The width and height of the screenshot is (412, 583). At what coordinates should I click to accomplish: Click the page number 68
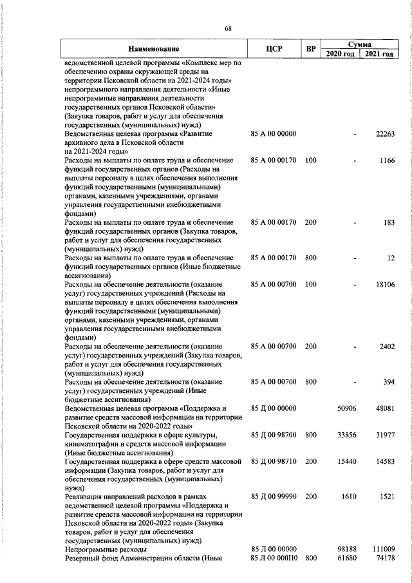[227, 28]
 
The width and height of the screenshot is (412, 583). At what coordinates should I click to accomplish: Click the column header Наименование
[153, 49]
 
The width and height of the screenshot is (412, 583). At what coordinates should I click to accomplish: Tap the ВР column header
[311, 49]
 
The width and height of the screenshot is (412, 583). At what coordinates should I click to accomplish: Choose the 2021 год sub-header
[379, 54]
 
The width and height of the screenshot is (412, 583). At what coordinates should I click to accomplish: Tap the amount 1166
[386, 160]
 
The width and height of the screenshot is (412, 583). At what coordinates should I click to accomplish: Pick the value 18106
[384, 284]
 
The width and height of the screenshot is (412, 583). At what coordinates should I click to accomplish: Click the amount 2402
[386, 347]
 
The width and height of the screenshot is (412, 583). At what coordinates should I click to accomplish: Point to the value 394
[388, 382]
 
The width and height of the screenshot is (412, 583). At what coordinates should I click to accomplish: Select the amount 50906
[347, 408]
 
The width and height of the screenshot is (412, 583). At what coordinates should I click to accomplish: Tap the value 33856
[347, 435]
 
